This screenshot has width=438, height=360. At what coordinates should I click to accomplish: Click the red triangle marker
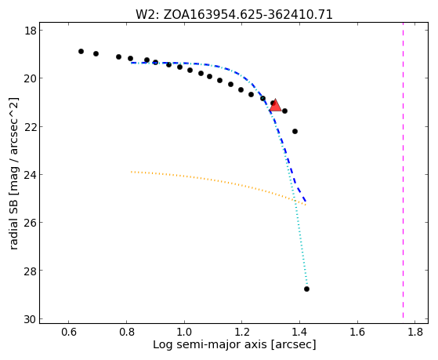pyautogui.click(x=276, y=105)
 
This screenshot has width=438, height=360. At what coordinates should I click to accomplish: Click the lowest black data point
pyautogui.click(x=306, y=289)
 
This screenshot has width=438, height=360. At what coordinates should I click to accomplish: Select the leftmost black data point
pyautogui.click(x=81, y=51)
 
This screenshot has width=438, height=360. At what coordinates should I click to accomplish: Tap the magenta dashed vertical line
pyautogui.click(x=403, y=170)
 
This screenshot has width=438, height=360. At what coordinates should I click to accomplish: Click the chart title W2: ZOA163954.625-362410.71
pyautogui.click(x=234, y=15)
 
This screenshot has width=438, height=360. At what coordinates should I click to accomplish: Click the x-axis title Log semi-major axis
pyautogui.click(x=210, y=344)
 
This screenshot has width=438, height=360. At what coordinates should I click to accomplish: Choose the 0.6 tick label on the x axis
pyautogui.click(x=69, y=332)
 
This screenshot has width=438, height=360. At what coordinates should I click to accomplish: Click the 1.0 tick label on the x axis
pyautogui.click(x=184, y=332)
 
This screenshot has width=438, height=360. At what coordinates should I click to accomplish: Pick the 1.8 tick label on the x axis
pyautogui.click(x=414, y=332)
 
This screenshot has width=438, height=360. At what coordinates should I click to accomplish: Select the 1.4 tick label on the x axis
pyautogui.click(x=299, y=332)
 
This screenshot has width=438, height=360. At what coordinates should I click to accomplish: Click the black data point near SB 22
pyautogui.click(x=295, y=131)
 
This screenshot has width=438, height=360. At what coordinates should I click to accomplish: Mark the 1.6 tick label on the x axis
pyautogui.click(x=357, y=332)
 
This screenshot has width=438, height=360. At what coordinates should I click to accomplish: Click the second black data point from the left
pyautogui.click(x=96, y=53)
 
